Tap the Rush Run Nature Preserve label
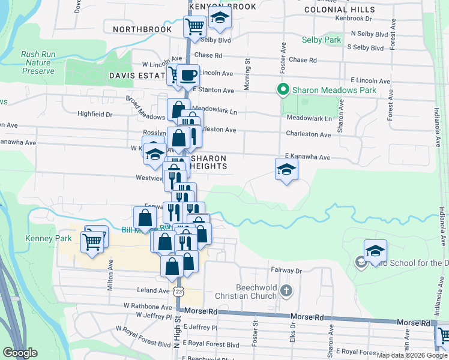point(38,62)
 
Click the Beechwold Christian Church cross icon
point(286,292)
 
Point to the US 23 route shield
point(178,290)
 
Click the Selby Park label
point(322,40)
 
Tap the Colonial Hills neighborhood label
point(340,10)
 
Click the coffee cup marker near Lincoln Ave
point(188,75)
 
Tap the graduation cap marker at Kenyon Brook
point(220,18)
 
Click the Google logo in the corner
point(20,353)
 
